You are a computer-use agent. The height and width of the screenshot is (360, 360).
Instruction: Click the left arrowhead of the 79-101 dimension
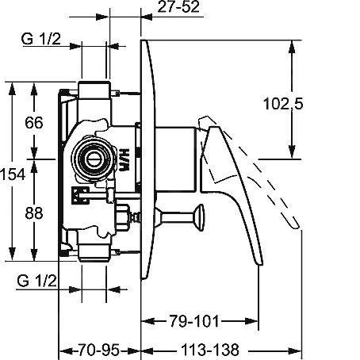click(x=146, y=322)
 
